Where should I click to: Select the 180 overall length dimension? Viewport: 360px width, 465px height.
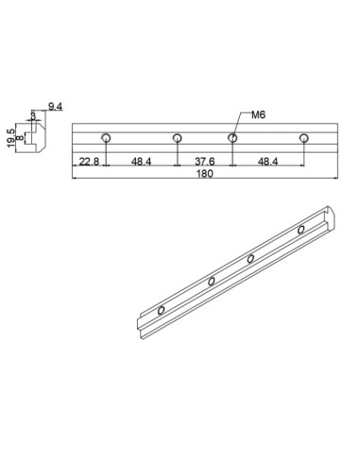[x=203, y=174]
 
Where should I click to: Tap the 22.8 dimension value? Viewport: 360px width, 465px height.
[x=90, y=162]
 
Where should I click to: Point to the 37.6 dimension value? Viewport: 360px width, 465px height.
[x=204, y=162]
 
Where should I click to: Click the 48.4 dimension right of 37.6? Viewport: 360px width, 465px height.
[x=268, y=162]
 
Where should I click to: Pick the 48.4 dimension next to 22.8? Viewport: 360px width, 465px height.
[x=142, y=162]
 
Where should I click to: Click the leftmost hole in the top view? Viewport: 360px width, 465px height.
[x=107, y=139]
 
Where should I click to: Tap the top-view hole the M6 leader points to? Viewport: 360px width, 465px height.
[x=232, y=139]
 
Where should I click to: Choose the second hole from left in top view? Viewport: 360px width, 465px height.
[x=177, y=139]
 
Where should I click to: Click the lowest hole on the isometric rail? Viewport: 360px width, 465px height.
[x=163, y=309]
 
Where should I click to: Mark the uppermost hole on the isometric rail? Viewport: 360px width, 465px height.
[x=301, y=230]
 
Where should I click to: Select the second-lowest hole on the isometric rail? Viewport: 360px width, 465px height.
[x=212, y=281]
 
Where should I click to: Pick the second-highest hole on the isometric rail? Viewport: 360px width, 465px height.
[x=251, y=258]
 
